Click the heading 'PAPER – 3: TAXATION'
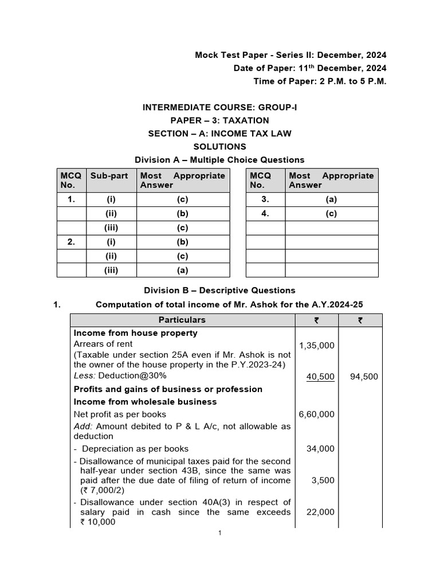(219, 120)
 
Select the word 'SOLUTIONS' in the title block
(219, 147)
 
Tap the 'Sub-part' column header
(109, 176)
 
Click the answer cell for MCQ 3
(331, 199)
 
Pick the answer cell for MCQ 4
(331, 214)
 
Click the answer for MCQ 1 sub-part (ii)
(183, 214)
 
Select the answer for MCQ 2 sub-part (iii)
(183, 271)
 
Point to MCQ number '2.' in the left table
(71, 242)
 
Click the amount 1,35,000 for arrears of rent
(317, 346)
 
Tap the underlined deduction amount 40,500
(321, 377)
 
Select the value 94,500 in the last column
(364, 377)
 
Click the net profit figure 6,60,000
(317, 414)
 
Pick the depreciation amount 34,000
(321, 449)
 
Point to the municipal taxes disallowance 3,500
(323, 480)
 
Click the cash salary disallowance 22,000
(321, 512)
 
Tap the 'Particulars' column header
(182, 320)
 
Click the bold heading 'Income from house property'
(136, 333)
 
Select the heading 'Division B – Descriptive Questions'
(219, 290)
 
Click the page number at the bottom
(219, 533)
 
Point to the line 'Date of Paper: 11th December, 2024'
(310, 68)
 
